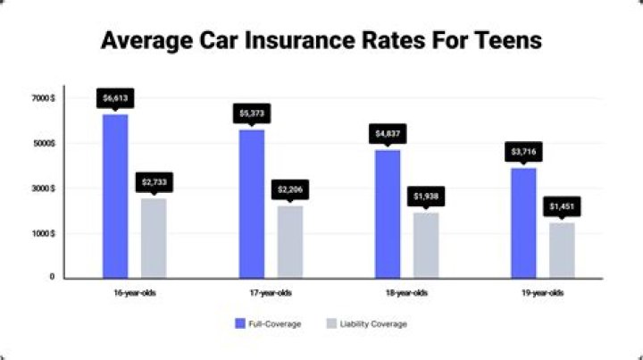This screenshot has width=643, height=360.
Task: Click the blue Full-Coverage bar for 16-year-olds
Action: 115,196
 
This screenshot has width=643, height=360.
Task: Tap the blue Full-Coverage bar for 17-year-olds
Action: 252,203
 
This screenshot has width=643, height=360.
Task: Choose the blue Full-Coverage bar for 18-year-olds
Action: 388,213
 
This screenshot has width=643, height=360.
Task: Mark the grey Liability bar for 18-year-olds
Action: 426,245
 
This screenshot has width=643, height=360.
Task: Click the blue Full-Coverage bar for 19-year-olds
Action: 524,222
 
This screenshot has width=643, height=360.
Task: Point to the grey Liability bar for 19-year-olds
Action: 562,250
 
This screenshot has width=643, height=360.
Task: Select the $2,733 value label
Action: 154,182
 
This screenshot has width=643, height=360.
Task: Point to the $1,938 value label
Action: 426,196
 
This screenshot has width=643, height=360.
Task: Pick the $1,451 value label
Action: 563,206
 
